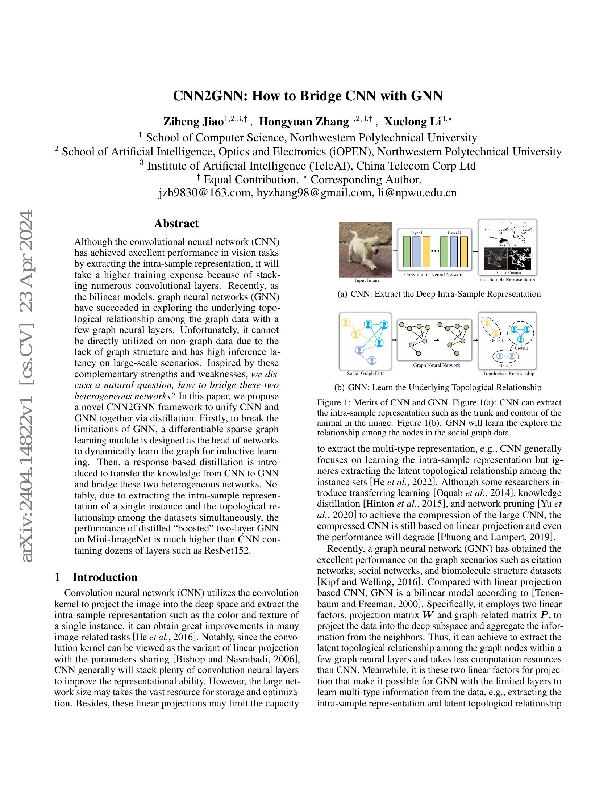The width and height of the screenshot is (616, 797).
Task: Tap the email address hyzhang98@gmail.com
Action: (314, 193)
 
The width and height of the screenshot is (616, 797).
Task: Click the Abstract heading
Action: (176, 223)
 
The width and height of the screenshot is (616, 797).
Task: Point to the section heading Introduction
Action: (105, 577)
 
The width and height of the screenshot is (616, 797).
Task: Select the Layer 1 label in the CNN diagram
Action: (416, 233)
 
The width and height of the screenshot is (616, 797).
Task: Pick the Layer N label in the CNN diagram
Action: (454, 233)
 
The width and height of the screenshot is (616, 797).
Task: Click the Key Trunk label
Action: (508, 245)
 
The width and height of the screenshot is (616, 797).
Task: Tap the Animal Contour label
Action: (508, 272)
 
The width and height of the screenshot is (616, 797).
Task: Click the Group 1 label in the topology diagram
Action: (496, 341)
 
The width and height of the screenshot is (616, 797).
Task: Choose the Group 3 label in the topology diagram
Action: (506, 365)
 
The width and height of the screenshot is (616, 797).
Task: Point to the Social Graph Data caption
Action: (366, 373)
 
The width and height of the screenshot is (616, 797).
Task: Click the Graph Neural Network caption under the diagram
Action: (437, 365)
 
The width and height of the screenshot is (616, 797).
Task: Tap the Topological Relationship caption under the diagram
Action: (508, 373)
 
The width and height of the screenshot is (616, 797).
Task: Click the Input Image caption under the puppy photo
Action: (367, 280)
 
